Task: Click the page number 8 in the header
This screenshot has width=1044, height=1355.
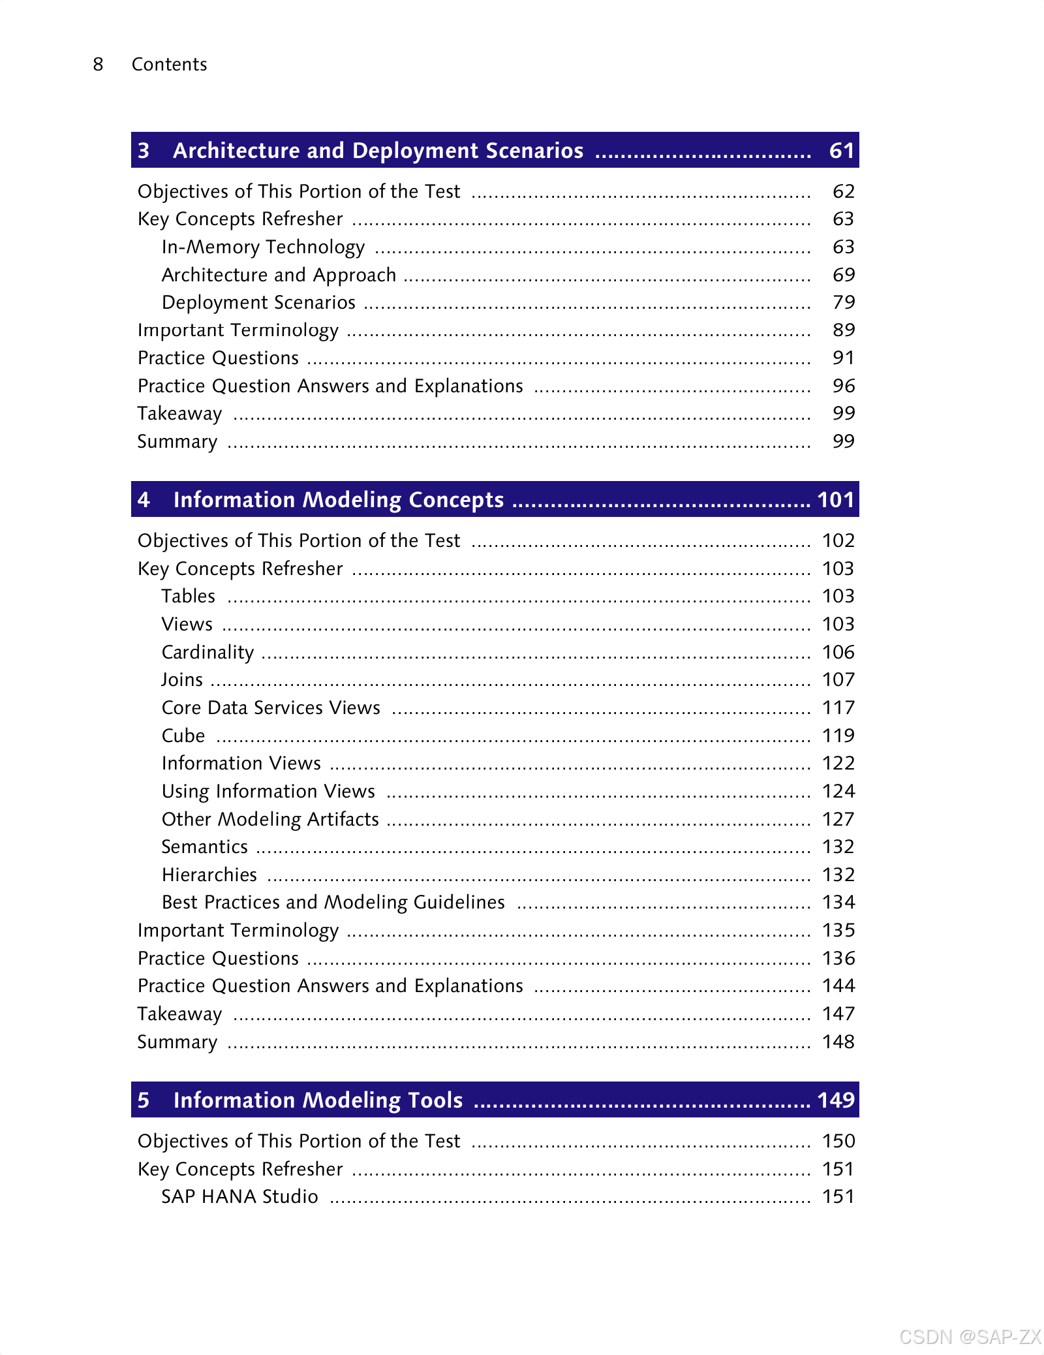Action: click(98, 64)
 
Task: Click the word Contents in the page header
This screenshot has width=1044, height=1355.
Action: click(169, 64)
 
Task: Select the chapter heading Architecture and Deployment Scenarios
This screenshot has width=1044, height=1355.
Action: click(378, 151)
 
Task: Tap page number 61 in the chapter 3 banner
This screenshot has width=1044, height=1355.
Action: click(841, 151)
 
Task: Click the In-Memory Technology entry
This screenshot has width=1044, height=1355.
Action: click(263, 247)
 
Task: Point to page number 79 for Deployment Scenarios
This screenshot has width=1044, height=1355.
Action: click(843, 302)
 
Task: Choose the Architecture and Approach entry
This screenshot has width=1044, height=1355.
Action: click(279, 275)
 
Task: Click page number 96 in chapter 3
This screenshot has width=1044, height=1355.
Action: click(843, 386)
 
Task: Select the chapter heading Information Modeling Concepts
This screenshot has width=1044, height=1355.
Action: click(338, 500)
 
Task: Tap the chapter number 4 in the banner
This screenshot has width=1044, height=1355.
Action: click(144, 500)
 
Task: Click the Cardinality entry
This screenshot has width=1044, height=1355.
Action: click(207, 652)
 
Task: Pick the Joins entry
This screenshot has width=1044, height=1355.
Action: click(182, 680)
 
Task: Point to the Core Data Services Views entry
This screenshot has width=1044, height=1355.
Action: click(271, 708)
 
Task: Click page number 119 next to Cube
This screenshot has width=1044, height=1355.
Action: click(838, 736)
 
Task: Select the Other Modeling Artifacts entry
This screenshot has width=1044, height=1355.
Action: click(270, 819)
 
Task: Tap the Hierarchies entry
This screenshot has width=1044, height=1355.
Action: click(209, 875)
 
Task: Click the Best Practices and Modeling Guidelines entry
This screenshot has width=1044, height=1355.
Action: click(333, 902)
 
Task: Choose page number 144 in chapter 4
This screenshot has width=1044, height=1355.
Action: click(838, 986)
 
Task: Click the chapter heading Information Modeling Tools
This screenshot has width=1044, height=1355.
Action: click(318, 1100)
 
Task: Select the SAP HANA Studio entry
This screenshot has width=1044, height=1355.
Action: click(239, 1196)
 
